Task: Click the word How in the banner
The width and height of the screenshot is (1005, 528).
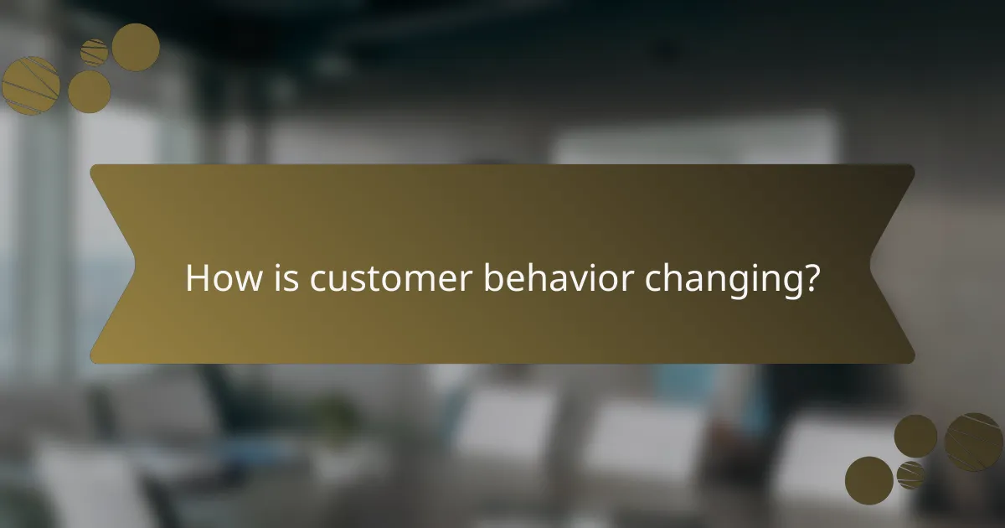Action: coord(216,278)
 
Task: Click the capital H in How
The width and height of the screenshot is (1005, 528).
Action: coord(196,278)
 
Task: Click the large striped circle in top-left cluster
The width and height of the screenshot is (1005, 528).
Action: coord(30,85)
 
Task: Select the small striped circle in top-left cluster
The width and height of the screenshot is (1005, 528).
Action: coord(95,52)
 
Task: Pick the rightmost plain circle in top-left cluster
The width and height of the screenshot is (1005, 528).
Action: coord(136,47)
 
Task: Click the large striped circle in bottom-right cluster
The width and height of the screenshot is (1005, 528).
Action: coord(973,442)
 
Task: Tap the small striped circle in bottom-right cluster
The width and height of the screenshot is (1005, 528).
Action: coord(910,474)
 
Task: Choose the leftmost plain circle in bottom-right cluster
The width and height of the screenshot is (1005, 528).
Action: coord(868,480)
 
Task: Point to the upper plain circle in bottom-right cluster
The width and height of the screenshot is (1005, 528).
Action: coord(915,436)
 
